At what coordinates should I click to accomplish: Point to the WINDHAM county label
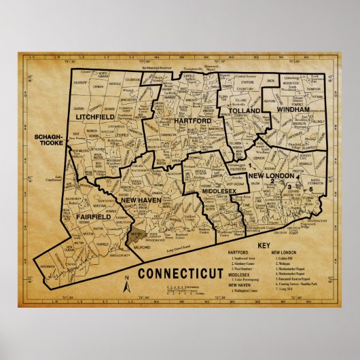pyautogui.click(x=293, y=109)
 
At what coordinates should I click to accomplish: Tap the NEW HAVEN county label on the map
pyautogui.click(x=140, y=200)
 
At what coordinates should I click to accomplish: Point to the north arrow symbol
pyautogui.click(x=127, y=286)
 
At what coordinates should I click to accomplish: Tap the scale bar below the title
pyautogui.click(x=183, y=291)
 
